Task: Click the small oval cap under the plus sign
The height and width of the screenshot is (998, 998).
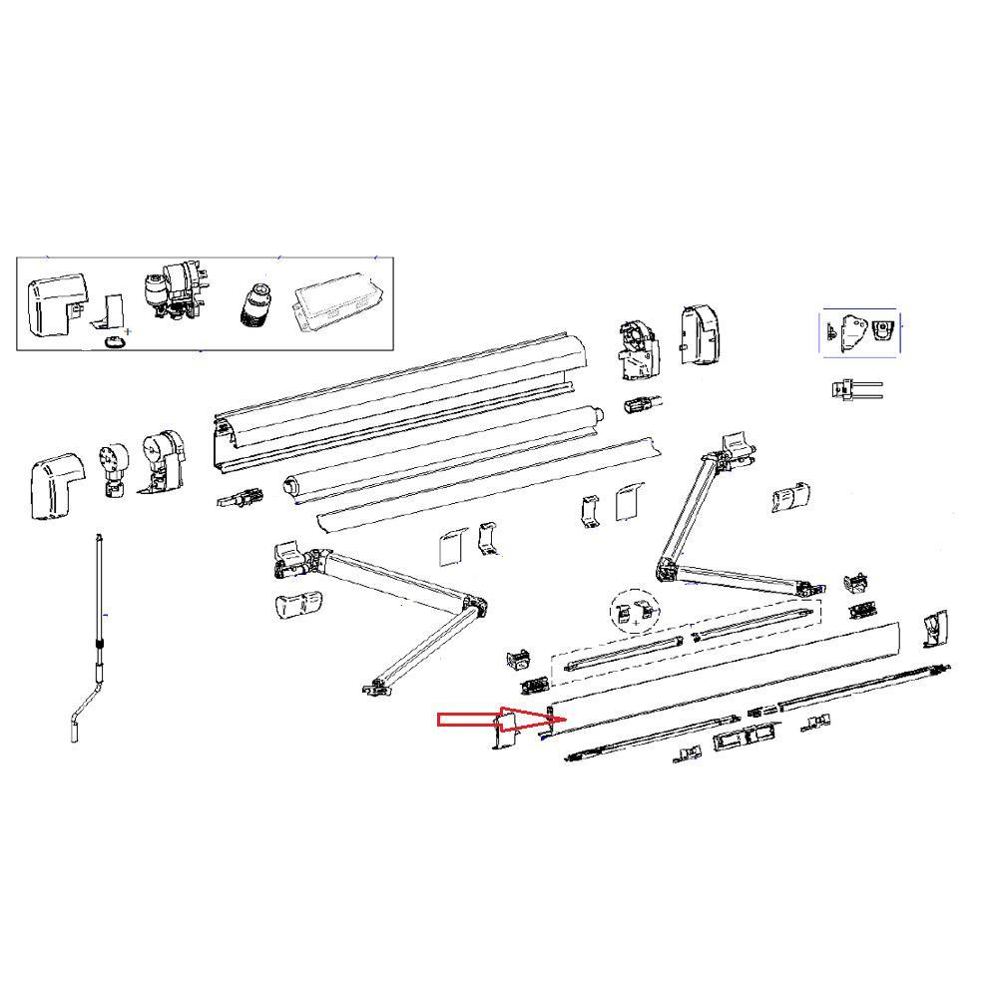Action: [116, 341]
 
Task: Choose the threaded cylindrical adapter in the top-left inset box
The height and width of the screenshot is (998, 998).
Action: [256, 303]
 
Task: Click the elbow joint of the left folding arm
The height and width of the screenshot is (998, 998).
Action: [473, 606]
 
